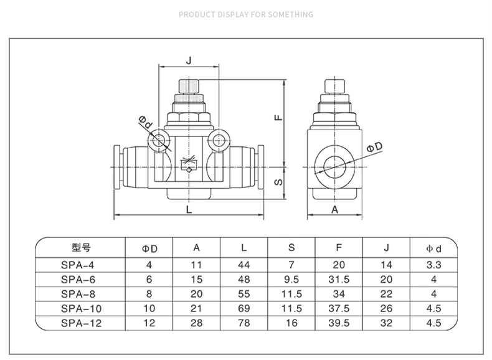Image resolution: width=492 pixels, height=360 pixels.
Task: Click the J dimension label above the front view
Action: tap(189, 60)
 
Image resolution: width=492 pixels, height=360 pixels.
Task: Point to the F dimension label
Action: tap(278, 118)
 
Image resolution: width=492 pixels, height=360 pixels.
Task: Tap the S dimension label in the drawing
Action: tap(278, 182)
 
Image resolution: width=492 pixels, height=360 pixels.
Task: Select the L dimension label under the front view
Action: tap(189, 209)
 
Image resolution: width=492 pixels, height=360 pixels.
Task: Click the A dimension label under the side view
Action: tap(335, 209)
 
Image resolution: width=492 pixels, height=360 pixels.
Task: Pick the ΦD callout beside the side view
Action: tap(375, 147)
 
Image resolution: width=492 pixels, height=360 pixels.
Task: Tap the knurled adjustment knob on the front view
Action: tap(189, 87)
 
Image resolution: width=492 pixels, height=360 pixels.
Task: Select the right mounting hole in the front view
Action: tap(219, 140)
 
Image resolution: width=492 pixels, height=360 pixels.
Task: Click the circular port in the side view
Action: tap(334, 167)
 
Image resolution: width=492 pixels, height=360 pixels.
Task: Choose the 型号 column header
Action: tap(81, 248)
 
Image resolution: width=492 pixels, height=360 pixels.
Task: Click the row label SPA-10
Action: tap(81, 308)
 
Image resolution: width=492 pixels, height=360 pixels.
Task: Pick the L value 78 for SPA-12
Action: tap(244, 323)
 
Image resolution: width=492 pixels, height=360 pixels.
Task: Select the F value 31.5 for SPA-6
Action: tap(339, 279)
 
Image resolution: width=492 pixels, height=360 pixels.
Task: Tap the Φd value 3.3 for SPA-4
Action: tap(433, 265)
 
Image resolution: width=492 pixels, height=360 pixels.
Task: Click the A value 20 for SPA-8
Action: tap(196, 294)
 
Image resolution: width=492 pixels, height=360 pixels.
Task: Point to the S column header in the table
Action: tap(291, 248)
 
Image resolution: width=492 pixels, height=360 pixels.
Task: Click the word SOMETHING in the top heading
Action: tap(291, 14)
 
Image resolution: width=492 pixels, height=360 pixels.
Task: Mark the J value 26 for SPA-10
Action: tap(386, 308)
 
